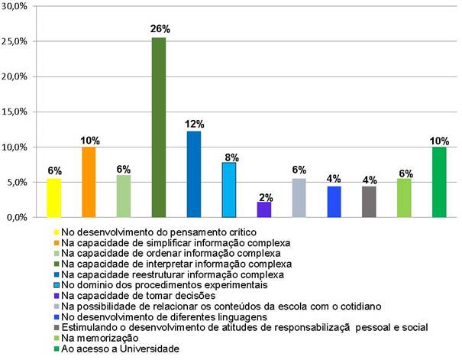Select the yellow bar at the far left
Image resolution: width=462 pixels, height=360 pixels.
(53, 197)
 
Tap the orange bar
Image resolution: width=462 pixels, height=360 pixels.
(89, 182)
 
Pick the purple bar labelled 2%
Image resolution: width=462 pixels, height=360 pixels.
(264, 209)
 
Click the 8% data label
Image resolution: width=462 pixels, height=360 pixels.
(230, 157)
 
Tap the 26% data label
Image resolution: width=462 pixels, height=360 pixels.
(160, 29)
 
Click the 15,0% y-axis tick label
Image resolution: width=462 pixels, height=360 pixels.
(17, 112)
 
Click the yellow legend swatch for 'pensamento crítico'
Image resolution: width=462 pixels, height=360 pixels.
(56, 230)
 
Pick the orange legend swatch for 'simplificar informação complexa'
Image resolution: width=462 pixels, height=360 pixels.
(56, 241)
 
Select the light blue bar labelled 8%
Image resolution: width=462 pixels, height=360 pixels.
(229, 190)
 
